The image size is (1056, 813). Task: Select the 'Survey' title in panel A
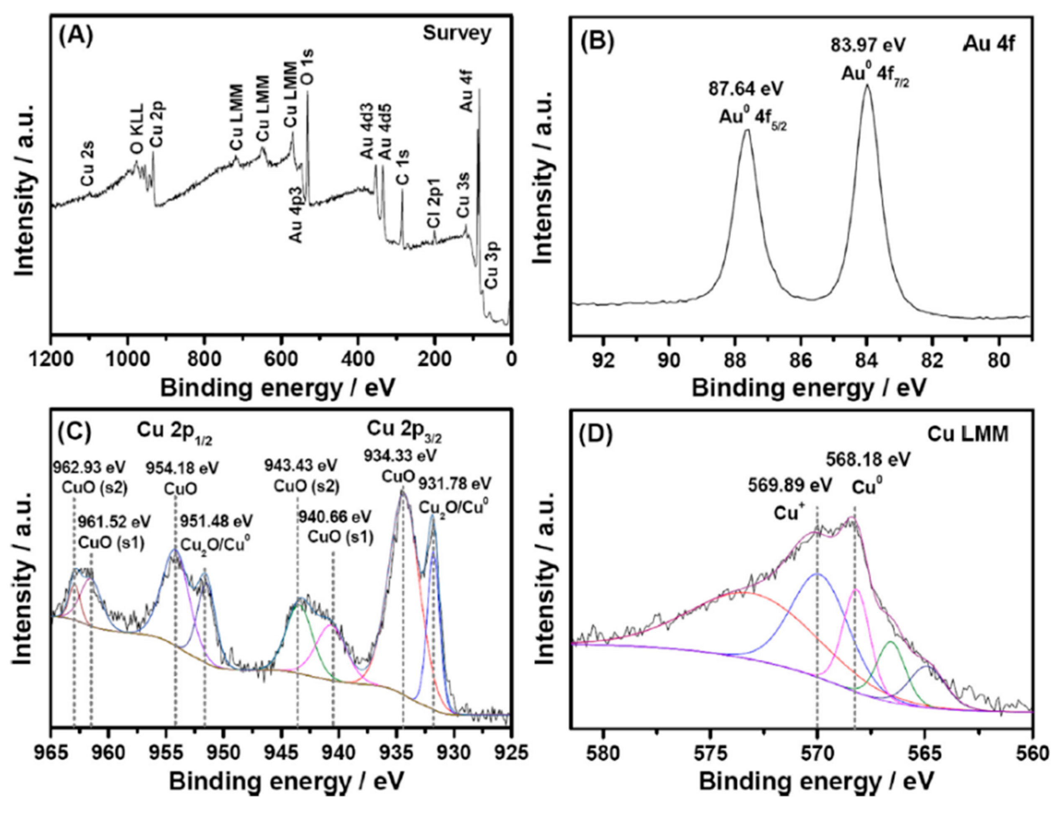457,33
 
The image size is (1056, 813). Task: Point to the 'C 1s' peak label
402,167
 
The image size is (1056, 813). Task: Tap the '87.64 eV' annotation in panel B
746,90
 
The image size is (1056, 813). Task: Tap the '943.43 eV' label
300,466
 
